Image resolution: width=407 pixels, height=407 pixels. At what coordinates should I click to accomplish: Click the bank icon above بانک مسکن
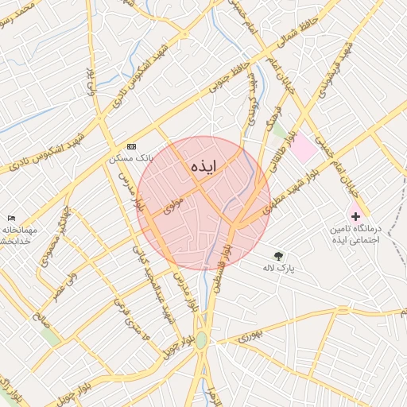tap(131, 147)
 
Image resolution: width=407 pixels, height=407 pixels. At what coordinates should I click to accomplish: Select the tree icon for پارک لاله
tap(278, 255)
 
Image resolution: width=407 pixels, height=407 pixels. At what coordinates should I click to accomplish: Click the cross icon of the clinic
tap(355, 216)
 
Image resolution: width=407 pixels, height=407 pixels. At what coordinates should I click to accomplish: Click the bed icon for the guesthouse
tap(11, 218)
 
